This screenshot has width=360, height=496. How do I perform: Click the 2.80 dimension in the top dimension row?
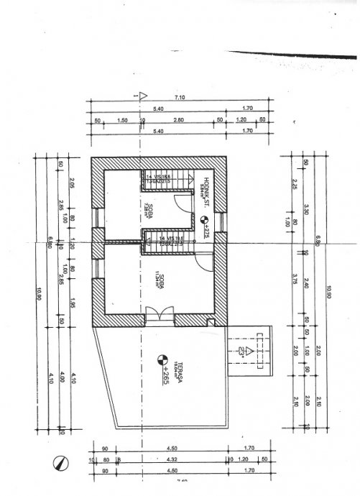point(179,120)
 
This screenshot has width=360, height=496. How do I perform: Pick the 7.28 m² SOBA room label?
point(149,206)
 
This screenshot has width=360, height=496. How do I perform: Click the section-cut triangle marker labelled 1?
point(143,95)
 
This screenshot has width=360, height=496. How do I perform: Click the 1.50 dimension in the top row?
point(122,120)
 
